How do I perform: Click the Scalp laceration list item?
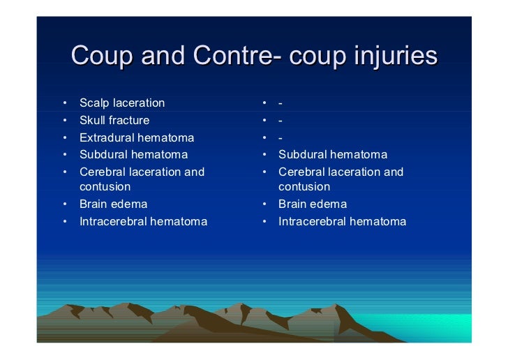[122, 103]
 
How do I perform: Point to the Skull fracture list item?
[114, 120]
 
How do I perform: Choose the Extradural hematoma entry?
[137, 137]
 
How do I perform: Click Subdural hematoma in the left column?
[133, 154]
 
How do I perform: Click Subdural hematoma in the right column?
[332, 154]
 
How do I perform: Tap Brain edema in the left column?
[113, 204]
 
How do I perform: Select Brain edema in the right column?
[312, 204]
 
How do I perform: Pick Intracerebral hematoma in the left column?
[143, 222]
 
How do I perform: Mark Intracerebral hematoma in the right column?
[342, 222]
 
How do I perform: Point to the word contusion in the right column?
[304, 187]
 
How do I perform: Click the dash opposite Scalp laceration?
[280, 104]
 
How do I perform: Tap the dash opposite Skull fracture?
[280, 121]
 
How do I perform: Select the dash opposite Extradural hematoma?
[280, 138]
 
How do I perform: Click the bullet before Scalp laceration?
[64, 104]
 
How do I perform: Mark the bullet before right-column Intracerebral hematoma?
[266, 222]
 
